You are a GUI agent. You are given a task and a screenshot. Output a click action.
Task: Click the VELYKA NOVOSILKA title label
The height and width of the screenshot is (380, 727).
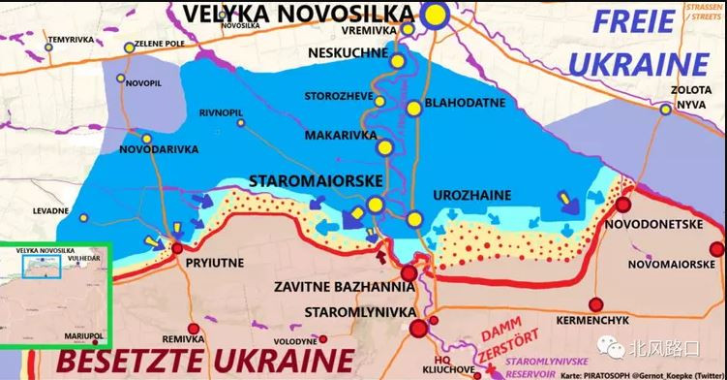pyautogui.click(x=296, y=15)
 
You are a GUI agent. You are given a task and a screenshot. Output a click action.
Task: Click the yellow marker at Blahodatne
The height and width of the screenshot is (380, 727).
pyautogui.click(x=414, y=109)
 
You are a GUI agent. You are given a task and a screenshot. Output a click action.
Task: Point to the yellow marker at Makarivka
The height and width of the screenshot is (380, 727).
pyautogui.click(x=384, y=148)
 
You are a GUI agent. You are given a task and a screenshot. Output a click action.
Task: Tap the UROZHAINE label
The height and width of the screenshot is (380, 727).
pyautogui.click(x=470, y=195)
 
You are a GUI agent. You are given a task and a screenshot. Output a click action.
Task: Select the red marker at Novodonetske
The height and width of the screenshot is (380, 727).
pyautogui.click(x=624, y=205)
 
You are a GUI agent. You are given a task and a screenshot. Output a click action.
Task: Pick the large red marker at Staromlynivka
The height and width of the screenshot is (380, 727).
pyautogui.click(x=419, y=330)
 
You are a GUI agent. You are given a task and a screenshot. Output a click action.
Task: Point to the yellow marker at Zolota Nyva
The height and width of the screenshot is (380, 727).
pyautogui.click(x=665, y=110)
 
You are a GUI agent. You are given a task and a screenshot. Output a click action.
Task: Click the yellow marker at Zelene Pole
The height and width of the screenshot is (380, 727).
pyautogui.click(x=130, y=47)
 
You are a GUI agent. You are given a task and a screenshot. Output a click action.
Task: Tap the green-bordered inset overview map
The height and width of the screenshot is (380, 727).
pyautogui.click(x=57, y=295)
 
